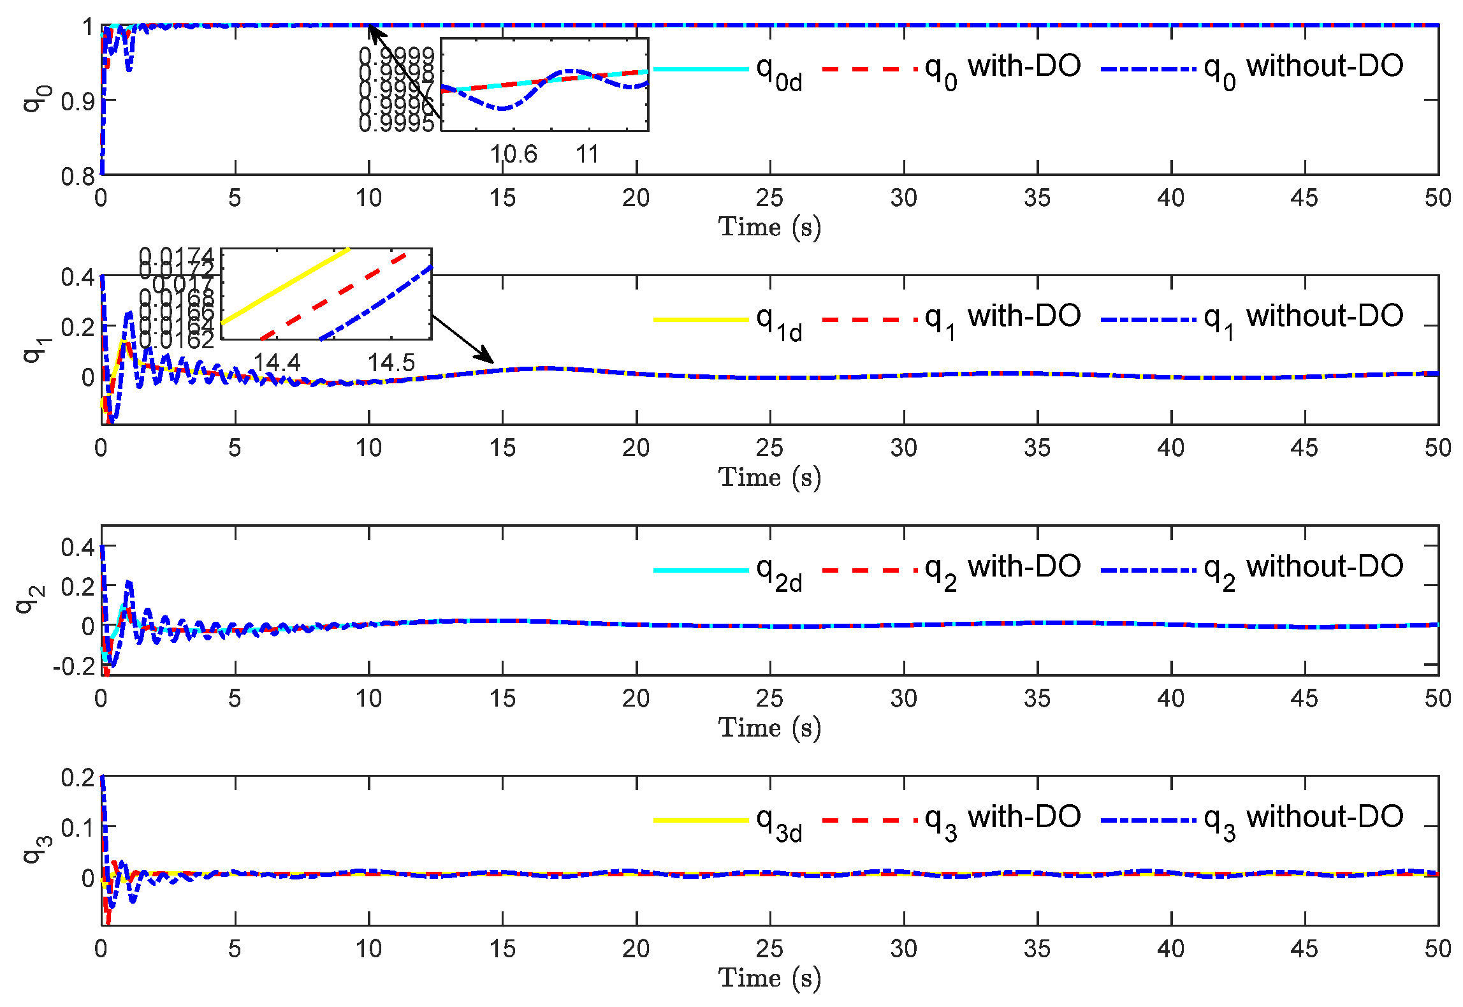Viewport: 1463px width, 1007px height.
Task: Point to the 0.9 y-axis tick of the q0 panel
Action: pyautogui.click(x=77, y=101)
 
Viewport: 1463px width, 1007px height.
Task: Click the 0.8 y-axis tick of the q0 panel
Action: pyautogui.click(x=77, y=176)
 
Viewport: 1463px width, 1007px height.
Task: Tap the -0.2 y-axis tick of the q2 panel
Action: pyautogui.click(x=73, y=666)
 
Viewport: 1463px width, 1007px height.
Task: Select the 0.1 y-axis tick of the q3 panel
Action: pyautogui.click(x=77, y=828)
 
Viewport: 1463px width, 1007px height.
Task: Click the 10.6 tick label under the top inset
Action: pyautogui.click(x=513, y=154)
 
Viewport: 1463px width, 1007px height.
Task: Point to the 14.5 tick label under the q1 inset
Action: pyautogui.click(x=391, y=363)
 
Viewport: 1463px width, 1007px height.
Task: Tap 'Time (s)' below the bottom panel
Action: pyautogui.click(x=769, y=978)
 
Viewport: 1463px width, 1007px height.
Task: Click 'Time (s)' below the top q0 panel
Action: pyautogui.click(x=769, y=227)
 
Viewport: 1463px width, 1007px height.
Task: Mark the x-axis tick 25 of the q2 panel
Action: pyautogui.click(x=769, y=698)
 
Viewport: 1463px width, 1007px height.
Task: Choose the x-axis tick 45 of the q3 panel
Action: pyautogui.click(x=1304, y=949)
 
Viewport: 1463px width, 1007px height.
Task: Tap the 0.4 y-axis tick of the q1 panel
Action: pyautogui.click(x=77, y=277)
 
